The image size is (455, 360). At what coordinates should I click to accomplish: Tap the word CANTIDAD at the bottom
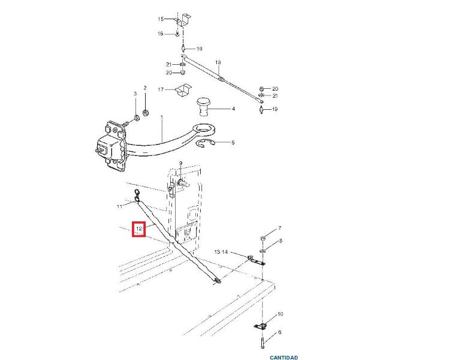pyautogui.click(x=284, y=358)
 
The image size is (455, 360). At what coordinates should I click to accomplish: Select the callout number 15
pyautogui.click(x=161, y=19)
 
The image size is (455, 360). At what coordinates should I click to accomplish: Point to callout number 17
pyautogui.click(x=161, y=89)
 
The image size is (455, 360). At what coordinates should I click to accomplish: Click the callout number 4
pyautogui.click(x=233, y=109)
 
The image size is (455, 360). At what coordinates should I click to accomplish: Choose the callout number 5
pyautogui.click(x=233, y=143)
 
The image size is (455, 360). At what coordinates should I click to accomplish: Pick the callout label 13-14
pyautogui.click(x=221, y=252)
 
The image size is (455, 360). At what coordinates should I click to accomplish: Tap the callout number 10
pyautogui.click(x=280, y=314)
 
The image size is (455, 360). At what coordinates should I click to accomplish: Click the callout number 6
pyautogui.click(x=279, y=332)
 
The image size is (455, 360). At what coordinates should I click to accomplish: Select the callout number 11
pyautogui.click(x=119, y=206)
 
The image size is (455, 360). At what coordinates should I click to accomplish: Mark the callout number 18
pyautogui.click(x=218, y=62)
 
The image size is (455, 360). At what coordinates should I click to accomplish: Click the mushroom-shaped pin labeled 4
pyautogui.click(x=204, y=107)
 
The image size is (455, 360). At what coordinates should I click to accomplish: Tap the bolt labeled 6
pyautogui.click(x=263, y=343)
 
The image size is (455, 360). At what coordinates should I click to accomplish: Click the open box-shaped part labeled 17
pyautogui.click(x=183, y=90)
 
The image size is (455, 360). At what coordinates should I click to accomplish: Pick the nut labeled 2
pyautogui.click(x=145, y=112)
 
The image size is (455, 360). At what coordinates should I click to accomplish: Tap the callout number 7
pyautogui.click(x=280, y=228)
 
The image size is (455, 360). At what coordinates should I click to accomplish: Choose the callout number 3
pyautogui.click(x=135, y=94)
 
